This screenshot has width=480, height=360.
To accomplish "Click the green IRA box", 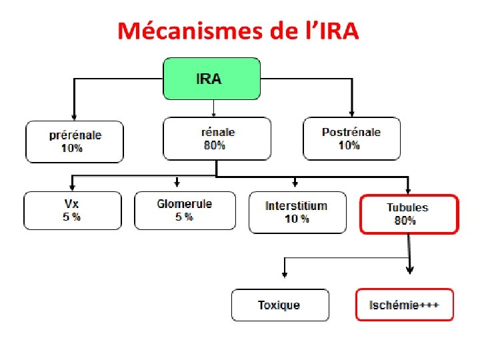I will [x=211, y=78].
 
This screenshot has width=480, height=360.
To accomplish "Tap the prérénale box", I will [x=75, y=141].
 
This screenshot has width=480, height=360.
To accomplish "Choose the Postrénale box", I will [x=351, y=139].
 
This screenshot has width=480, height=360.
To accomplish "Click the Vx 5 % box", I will [x=73, y=211].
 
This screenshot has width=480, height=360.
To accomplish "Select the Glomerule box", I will [x=185, y=211].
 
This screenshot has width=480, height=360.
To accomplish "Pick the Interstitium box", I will [x=297, y=212].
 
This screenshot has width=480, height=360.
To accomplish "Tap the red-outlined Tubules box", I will [x=409, y=214].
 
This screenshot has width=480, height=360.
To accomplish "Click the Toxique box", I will [x=280, y=305].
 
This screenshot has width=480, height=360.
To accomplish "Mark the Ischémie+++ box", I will [x=404, y=305].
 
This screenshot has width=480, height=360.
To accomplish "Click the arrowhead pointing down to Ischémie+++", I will [x=409, y=270].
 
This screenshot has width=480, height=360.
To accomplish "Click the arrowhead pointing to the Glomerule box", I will [x=177, y=183].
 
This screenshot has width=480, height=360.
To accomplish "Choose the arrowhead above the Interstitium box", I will [x=293, y=183].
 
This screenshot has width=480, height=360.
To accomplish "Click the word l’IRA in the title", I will [x=329, y=31].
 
